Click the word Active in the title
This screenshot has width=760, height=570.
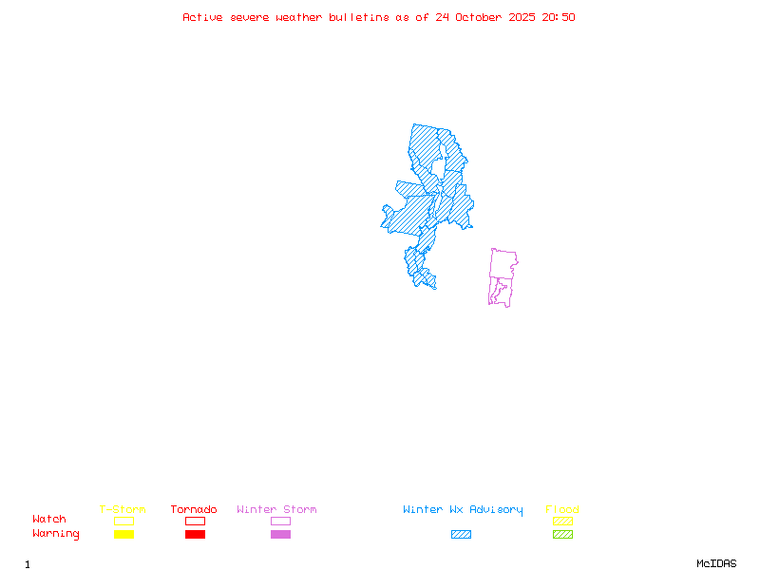pos(203,17)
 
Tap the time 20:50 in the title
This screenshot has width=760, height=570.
pos(559,17)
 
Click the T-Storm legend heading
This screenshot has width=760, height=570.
pos(123,510)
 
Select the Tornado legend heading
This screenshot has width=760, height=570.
pos(194,510)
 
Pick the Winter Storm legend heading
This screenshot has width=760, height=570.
pos(276,510)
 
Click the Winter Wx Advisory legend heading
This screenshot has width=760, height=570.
pos(463,510)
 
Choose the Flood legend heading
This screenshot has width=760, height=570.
pos(562,510)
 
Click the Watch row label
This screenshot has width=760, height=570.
pos(49,520)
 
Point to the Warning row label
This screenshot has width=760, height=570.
pos(56,534)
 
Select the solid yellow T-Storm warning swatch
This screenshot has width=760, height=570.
pos(123,535)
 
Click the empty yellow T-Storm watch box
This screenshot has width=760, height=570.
pos(123,521)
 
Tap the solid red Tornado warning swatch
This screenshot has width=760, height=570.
pos(195,535)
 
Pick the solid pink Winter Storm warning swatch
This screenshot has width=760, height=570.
pos(280,535)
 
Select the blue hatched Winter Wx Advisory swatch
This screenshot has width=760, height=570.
pos(461,535)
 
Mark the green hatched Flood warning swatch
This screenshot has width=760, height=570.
pos(562,535)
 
